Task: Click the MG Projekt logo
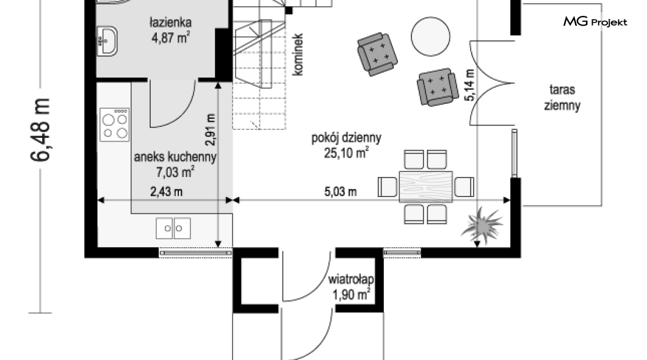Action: [x=595, y=21]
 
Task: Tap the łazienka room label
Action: [x=170, y=22]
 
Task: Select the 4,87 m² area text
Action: [x=171, y=38]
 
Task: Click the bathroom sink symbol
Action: [x=107, y=41]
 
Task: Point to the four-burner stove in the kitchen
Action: [x=115, y=124]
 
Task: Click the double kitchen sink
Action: [x=173, y=228]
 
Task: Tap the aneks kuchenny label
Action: [x=175, y=157]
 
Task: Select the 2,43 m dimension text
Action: [x=166, y=192]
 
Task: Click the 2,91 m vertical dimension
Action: [x=211, y=130]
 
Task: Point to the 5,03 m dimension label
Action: [x=341, y=192]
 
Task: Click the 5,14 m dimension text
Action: [x=469, y=85]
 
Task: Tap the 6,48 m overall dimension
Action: [x=40, y=129]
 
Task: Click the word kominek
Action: [x=297, y=54]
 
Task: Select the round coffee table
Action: [x=430, y=37]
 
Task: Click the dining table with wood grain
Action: [x=426, y=187]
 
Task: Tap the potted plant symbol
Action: [x=482, y=225]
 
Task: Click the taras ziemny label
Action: [x=562, y=97]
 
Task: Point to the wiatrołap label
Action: [x=351, y=279]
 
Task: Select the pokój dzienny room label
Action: [x=346, y=137]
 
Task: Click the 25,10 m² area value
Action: [x=346, y=153]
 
